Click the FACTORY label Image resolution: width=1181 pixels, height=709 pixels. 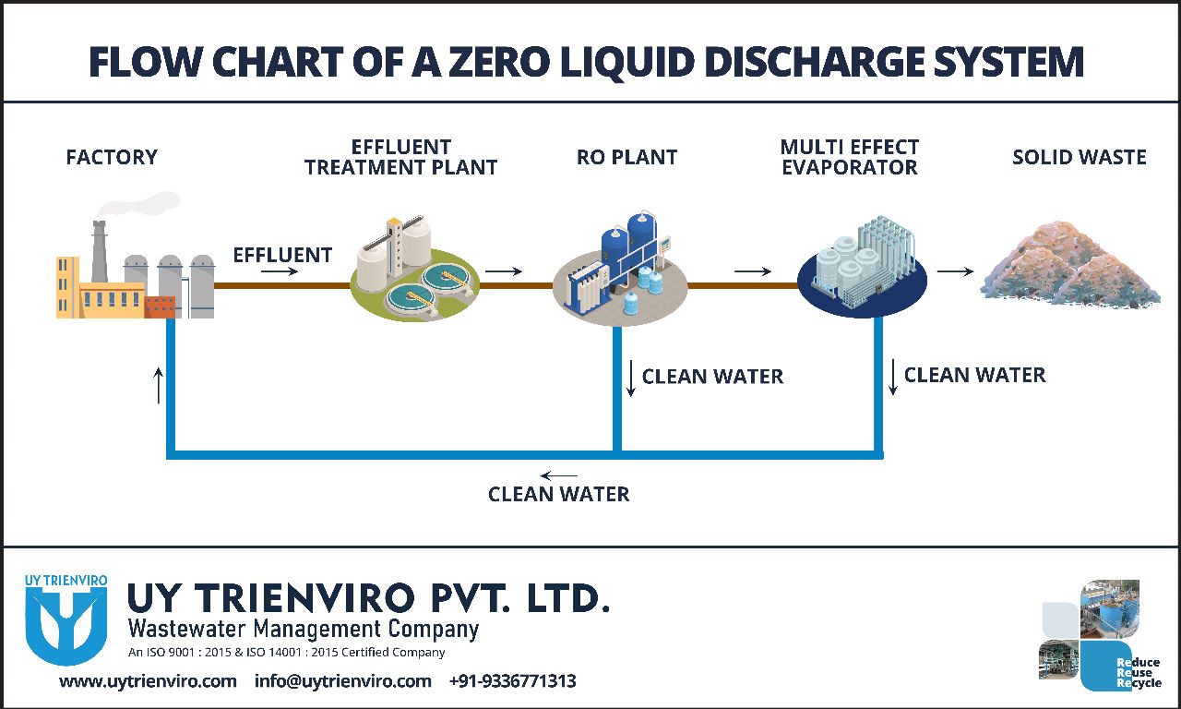click(112, 158)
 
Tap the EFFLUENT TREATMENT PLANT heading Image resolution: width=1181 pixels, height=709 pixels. click(400, 157)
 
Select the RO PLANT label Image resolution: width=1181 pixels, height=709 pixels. click(626, 158)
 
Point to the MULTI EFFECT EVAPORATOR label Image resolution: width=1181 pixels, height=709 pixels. click(849, 157)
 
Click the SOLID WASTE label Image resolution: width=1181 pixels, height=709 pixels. click(1079, 158)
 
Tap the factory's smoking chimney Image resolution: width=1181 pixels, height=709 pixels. click(99, 249)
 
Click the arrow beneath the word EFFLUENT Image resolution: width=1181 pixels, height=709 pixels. click(284, 272)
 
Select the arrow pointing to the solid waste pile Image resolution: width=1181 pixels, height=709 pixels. click(954, 271)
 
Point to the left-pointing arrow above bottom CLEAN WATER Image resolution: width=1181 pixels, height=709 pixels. click(558, 476)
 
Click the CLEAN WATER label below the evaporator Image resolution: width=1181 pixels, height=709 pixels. click(974, 375)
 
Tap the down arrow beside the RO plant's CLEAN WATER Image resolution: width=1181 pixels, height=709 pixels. click(631, 379)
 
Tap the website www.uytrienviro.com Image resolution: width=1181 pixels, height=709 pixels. click(148, 681)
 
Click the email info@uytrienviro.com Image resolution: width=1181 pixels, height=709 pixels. click(342, 681)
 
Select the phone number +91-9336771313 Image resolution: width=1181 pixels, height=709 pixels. click(512, 681)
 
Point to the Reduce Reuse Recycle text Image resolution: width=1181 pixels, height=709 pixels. click(1139, 673)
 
